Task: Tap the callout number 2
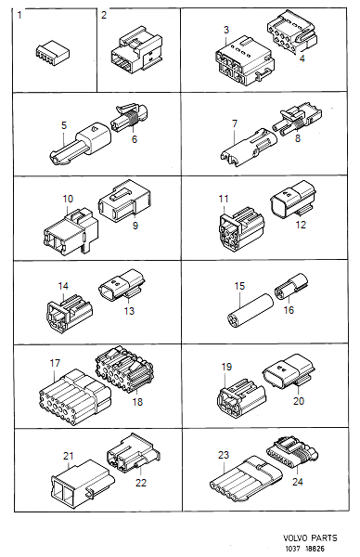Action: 104,15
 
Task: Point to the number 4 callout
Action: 301,59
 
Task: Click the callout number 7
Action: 235,123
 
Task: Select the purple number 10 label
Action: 68,199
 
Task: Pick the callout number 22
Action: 141,483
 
